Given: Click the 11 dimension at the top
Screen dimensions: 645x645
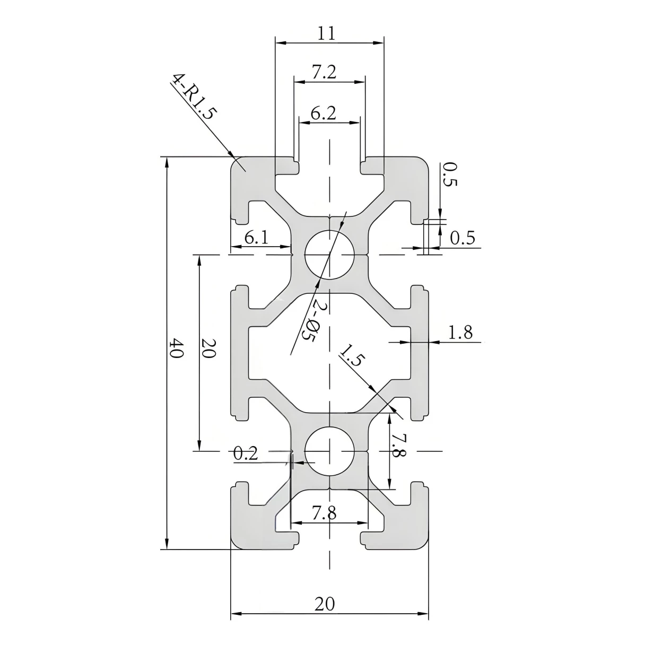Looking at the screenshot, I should pyautogui.click(x=327, y=33).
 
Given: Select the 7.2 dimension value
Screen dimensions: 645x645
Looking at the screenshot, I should pyautogui.click(x=324, y=72).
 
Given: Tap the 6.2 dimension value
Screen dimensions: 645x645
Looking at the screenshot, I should pyautogui.click(x=323, y=113).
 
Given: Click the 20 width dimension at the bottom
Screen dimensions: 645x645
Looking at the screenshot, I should pyautogui.click(x=325, y=604).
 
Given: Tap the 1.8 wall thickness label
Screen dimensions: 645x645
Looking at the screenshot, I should pyautogui.click(x=460, y=333).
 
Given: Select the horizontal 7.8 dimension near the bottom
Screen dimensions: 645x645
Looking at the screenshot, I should pyautogui.click(x=324, y=512).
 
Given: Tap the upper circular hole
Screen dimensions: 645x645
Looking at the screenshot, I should pyautogui.click(x=329, y=255).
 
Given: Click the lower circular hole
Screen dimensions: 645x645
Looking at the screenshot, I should pyautogui.click(x=329, y=451).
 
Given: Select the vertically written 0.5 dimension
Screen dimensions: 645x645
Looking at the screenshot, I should pyautogui.click(x=449, y=175).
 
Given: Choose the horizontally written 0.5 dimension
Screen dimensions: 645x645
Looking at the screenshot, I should pyautogui.click(x=462, y=238).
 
